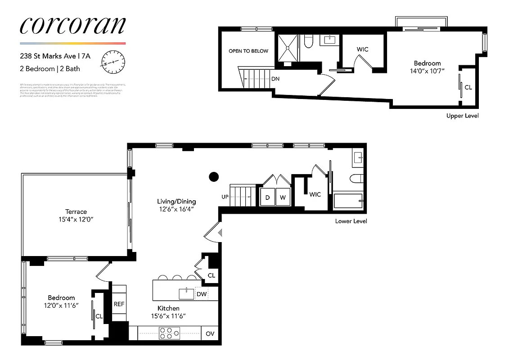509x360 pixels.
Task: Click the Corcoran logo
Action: click(x=72, y=26)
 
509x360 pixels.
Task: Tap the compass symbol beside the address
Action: click(x=113, y=62)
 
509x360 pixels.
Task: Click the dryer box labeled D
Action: click(x=267, y=198)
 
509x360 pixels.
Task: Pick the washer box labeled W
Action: click(x=283, y=198)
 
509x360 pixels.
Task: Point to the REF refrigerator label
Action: click(x=119, y=304)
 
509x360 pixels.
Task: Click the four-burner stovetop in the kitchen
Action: click(x=169, y=333)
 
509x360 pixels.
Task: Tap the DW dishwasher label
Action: click(x=202, y=294)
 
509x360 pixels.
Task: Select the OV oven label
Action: click(x=210, y=333)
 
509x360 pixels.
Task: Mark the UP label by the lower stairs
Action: click(x=225, y=197)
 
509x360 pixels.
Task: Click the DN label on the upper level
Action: click(x=275, y=78)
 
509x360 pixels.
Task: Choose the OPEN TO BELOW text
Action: click(x=248, y=51)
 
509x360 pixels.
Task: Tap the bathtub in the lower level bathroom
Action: click(x=348, y=201)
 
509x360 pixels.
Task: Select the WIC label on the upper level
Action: click(x=363, y=49)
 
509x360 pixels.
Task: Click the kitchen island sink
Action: click(x=186, y=294)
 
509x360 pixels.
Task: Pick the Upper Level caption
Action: click(x=462, y=116)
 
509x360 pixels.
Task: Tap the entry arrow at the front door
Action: click(x=220, y=233)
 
